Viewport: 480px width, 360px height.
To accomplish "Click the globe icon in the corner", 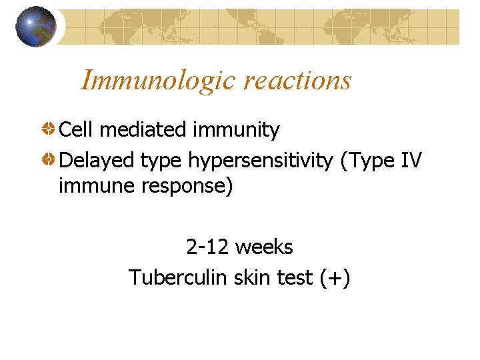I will click(36, 27).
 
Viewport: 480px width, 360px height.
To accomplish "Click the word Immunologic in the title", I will click(159, 81).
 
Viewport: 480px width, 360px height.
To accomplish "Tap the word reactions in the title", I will click(297, 81).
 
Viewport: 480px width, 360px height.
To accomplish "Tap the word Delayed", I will click(97, 160).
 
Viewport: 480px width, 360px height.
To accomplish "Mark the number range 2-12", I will click(208, 247).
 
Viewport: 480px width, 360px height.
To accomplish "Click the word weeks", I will click(264, 247).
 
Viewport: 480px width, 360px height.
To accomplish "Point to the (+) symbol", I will click(335, 277).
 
